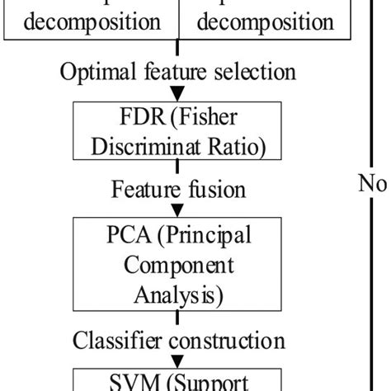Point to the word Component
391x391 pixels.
[x=178, y=266]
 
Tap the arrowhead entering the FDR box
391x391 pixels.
[x=178, y=95]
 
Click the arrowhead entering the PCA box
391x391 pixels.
[x=178, y=210]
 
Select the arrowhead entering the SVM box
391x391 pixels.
[x=178, y=360]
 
